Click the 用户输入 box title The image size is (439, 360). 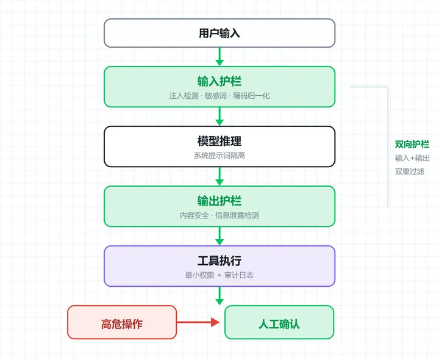[220, 33]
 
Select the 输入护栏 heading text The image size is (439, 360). [220, 81]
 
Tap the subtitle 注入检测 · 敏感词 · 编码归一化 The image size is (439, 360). [220, 96]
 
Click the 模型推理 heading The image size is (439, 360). [220, 141]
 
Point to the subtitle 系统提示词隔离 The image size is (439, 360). [220, 156]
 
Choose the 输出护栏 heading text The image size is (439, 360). [220, 201]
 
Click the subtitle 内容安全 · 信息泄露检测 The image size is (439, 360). [220, 215]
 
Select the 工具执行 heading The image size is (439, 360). [220, 261]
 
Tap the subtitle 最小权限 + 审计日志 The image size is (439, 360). [220, 275]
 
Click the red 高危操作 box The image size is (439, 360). [122, 322]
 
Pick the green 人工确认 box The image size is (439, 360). [279, 322]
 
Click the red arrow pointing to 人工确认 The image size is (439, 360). [198, 322]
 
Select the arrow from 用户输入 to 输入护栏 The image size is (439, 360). [220, 57]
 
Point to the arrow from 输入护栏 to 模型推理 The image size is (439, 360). [220, 117]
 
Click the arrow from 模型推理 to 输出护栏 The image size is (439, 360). [220, 176]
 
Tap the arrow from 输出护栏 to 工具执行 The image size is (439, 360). [220, 236]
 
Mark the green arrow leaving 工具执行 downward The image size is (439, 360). [220, 296]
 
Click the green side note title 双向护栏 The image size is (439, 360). [412, 144]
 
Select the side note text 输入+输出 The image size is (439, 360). [412, 158]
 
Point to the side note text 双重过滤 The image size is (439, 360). [410, 171]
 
